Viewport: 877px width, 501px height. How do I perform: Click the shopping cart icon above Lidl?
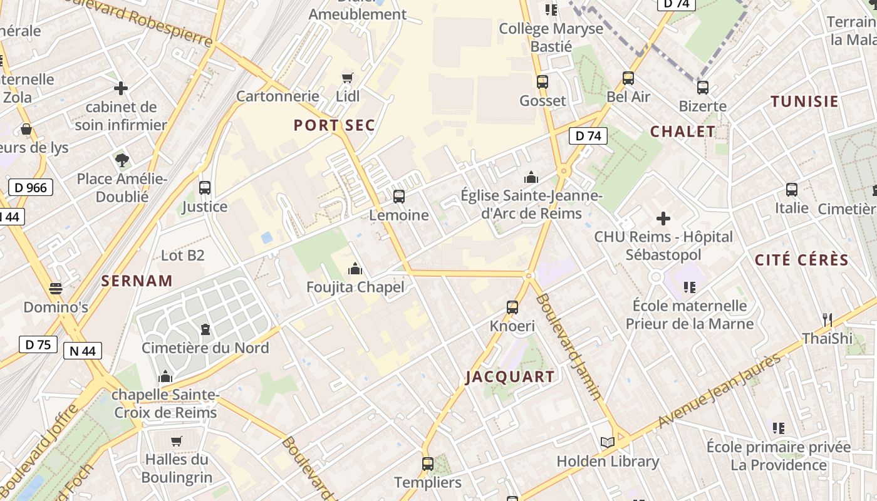click(348, 78)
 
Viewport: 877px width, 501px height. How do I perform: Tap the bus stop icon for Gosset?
click(542, 81)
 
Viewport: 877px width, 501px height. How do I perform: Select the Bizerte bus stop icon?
click(703, 87)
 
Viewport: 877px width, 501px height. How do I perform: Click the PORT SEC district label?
click(335, 125)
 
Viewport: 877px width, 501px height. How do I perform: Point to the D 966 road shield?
click(31, 187)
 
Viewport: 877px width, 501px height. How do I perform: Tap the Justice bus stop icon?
click(205, 187)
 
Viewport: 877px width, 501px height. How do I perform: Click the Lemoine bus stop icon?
click(399, 197)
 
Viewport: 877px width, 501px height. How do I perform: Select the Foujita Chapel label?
click(355, 287)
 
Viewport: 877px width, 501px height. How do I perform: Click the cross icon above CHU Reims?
click(663, 219)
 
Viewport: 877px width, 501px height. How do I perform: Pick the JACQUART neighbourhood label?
click(511, 376)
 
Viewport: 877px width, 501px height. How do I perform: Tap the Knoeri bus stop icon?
click(512, 307)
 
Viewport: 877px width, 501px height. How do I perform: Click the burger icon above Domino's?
click(56, 289)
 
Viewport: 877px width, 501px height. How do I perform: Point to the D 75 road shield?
click(38, 344)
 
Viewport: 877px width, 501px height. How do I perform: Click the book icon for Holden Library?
click(607, 442)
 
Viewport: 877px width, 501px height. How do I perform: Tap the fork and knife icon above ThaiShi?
click(828, 319)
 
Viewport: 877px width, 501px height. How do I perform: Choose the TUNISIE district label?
click(804, 101)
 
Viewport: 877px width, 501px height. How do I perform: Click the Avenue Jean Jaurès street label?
click(721, 391)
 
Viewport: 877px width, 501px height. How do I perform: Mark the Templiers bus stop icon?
click(428, 464)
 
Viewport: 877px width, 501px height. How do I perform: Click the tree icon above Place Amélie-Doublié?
click(122, 160)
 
